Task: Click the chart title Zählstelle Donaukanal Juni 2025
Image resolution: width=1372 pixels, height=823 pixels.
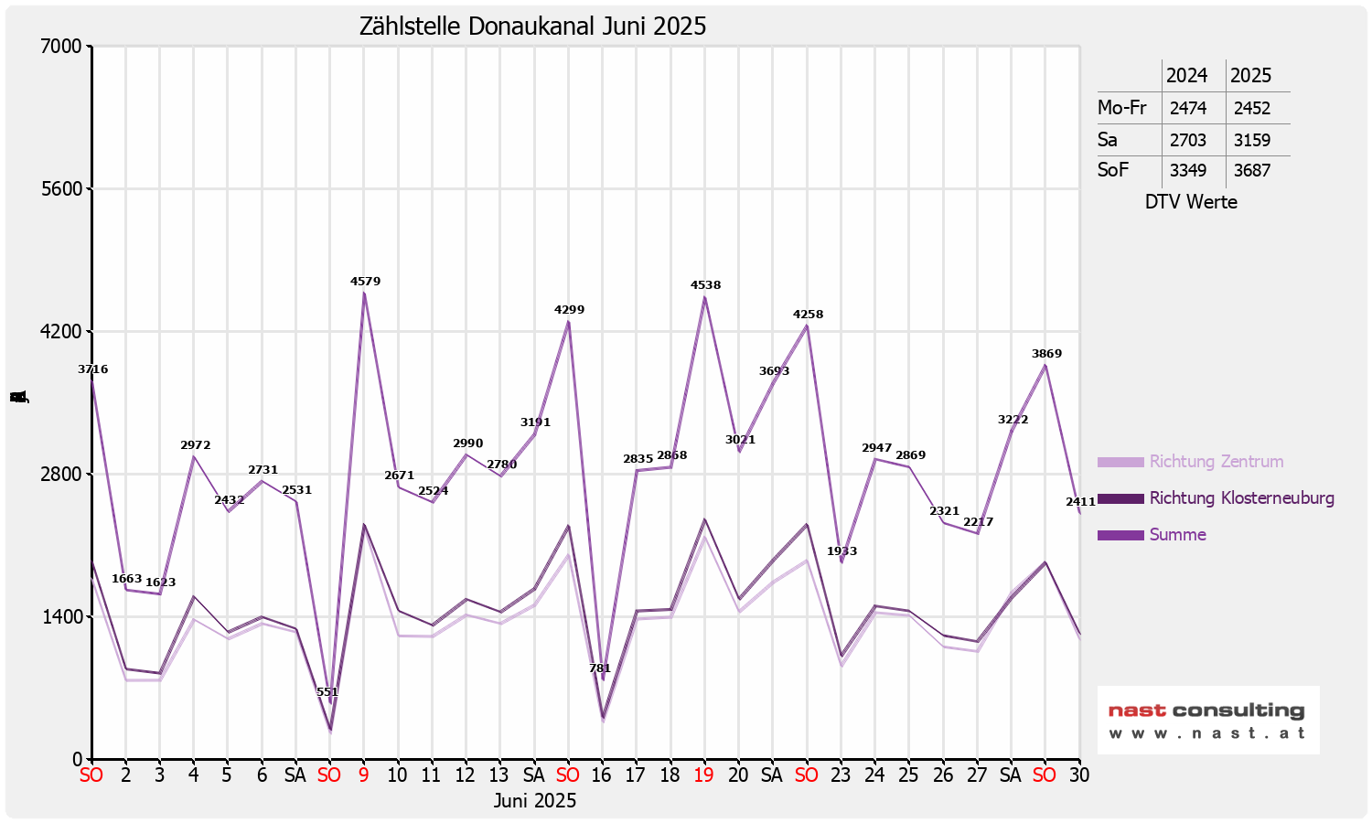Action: [x=532, y=26]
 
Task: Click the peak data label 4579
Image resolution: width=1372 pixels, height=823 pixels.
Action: [x=365, y=282]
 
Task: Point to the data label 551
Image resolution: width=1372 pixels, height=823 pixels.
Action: [x=327, y=692]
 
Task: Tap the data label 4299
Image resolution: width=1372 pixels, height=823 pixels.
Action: [x=569, y=310]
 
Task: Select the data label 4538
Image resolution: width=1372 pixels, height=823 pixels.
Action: [x=705, y=285]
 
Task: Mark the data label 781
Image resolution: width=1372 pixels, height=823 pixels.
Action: [x=600, y=668]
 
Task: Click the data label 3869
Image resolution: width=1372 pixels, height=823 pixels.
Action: [x=1046, y=354]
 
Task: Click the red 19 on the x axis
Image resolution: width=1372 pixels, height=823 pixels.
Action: [x=703, y=775]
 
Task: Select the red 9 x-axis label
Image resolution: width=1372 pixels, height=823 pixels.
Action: [x=363, y=775]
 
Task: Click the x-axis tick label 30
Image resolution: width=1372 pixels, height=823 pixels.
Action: [x=1079, y=775]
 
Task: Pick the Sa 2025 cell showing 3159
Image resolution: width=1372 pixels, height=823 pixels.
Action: [x=1251, y=140]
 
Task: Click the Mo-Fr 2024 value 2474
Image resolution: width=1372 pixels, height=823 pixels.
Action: [x=1187, y=108]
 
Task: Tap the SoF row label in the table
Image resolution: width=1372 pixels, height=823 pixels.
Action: [x=1112, y=170]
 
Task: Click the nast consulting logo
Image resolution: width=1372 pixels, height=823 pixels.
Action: [x=1207, y=720]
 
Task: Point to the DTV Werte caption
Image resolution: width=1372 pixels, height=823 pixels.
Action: [x=1191, y=202]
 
